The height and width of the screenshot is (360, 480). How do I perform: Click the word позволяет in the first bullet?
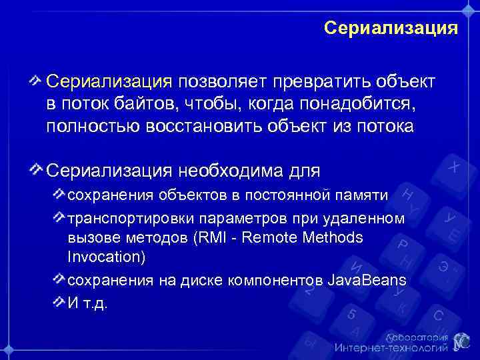click(220, 82)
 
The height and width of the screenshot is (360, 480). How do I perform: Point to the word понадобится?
click(363, 105)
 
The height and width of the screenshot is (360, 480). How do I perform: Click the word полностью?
click(89, 127)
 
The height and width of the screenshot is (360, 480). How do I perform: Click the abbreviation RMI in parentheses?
click(209, 237)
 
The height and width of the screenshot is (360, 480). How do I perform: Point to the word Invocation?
click(107, 256)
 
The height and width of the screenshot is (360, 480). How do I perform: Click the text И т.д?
click(87, 303)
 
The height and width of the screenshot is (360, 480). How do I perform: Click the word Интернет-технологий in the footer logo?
click(392, 347)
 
